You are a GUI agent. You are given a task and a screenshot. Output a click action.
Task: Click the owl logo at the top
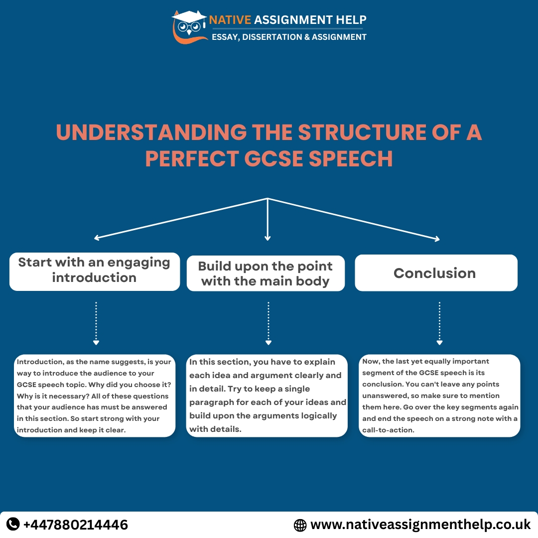189,27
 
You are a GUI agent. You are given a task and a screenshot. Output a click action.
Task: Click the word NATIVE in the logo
230,20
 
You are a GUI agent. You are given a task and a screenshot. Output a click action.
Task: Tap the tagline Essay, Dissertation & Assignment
289,37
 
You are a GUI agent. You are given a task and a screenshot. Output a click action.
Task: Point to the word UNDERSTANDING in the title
151,133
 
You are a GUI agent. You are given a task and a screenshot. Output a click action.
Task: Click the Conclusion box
436,273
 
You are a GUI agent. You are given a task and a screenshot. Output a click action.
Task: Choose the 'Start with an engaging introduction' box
94,270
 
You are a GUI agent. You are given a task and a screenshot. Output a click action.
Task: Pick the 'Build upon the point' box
266,273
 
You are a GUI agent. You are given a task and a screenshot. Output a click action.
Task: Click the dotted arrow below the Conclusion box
439,323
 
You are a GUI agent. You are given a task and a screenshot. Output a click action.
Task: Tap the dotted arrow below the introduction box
96,323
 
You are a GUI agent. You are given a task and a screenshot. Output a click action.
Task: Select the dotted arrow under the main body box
268,323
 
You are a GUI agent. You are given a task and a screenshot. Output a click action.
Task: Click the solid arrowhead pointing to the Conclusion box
436,239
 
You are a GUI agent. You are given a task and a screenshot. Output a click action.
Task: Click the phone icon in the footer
13,524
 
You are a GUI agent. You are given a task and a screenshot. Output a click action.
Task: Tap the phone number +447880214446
76,525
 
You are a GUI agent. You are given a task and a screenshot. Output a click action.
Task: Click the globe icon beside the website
300,525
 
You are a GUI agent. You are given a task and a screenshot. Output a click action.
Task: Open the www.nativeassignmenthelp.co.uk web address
420,525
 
